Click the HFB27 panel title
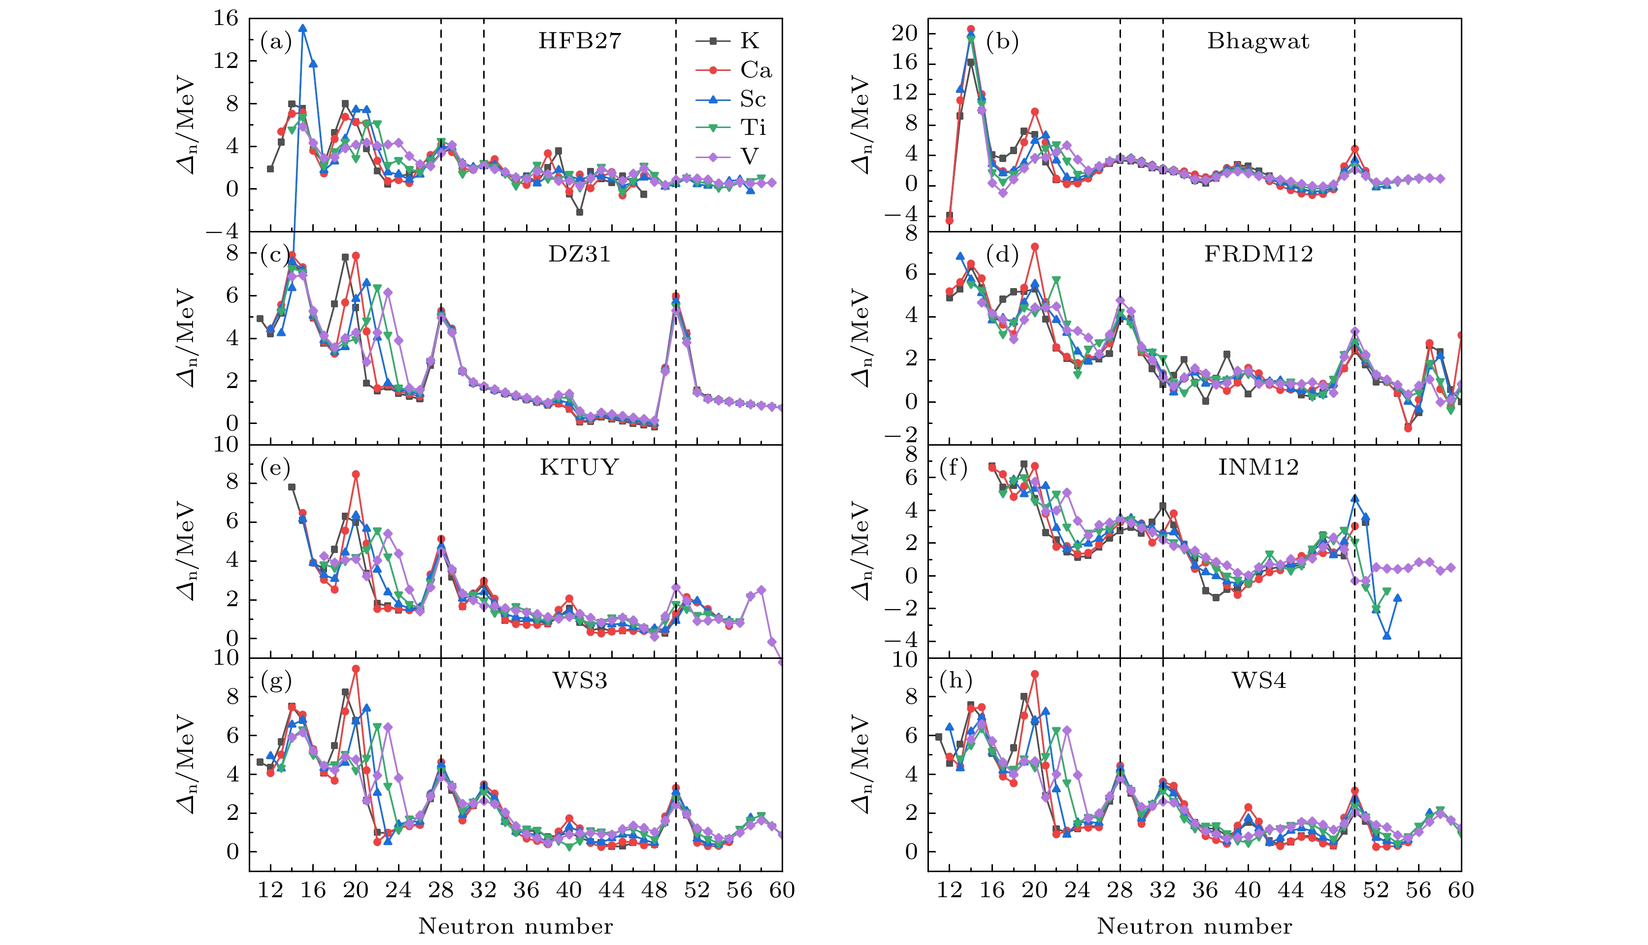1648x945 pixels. coord(579,41)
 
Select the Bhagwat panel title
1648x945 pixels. coord(1258,41)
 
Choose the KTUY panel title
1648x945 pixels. coord(579,467)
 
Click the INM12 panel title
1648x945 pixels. coord(1258,467)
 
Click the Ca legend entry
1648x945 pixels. coord(756,70)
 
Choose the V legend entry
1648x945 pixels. coord(749,157)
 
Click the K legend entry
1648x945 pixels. coord(749,41)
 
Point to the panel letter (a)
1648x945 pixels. coord(276,42)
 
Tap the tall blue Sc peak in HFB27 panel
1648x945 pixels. coord(302,29)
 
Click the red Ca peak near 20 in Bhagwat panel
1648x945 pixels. coord(1035,112)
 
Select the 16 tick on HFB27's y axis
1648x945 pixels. coord(225,18)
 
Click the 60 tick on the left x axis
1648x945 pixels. coord(782,889)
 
